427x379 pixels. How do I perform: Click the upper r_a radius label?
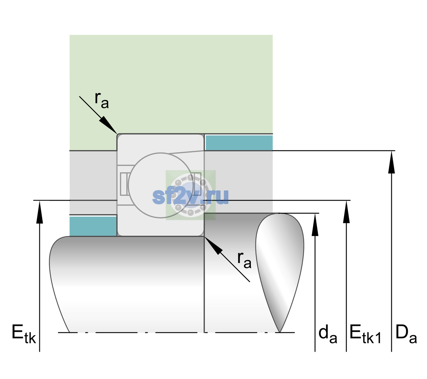click(102, 100)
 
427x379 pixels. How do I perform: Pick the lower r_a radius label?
click(244, 260)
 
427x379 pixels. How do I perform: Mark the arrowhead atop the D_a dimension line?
click(391, 162)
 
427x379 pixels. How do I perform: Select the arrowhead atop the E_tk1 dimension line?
click(346, 212)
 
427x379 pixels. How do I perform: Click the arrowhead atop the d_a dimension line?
click(315, 225)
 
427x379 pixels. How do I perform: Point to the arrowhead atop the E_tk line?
click(40, 212)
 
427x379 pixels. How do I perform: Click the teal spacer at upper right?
click(239, 142)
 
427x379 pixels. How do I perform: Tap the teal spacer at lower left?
click(93, 226)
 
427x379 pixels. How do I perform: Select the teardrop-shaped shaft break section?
click(280, 272)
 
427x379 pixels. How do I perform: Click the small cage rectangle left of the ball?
click(124, 184)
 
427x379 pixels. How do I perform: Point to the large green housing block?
click(171, 84)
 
